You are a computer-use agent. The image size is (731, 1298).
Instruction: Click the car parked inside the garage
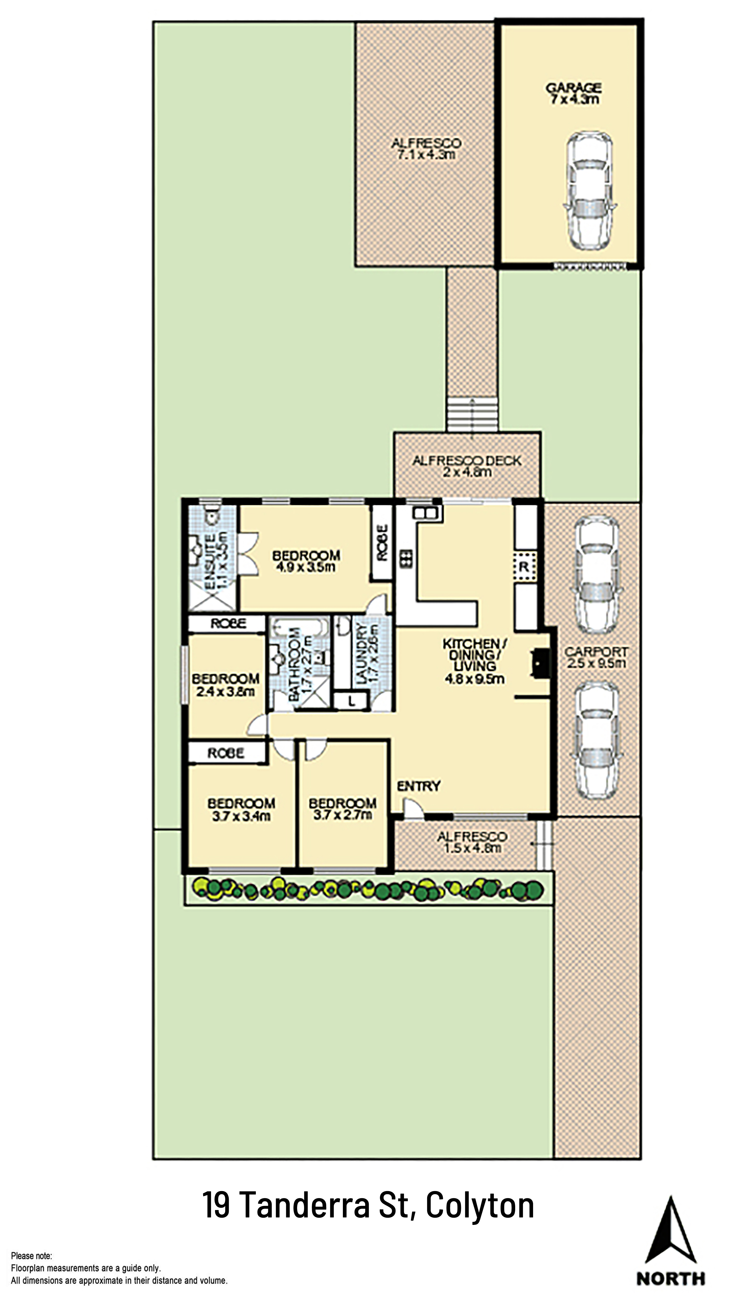click(x=589, y=191)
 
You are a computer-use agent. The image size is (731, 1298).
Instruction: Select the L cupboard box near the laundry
click(x=351, y=700)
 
